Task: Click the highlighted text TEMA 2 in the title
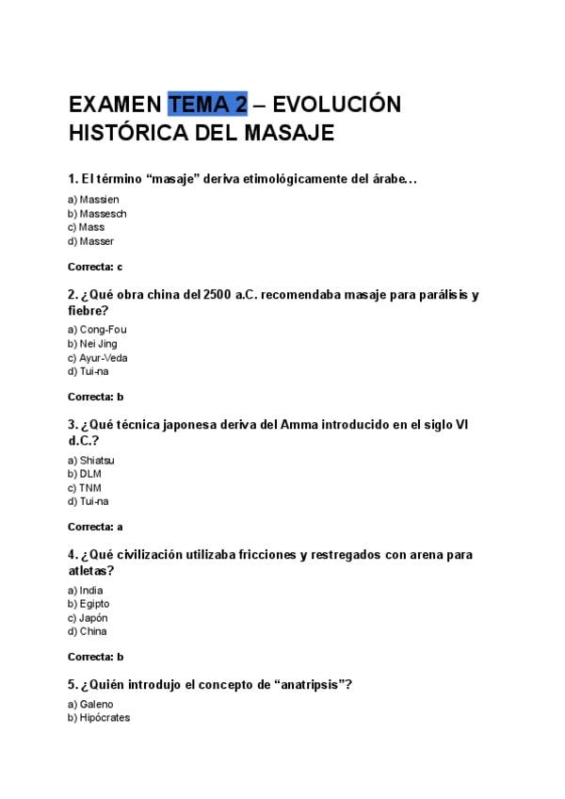click(x=207, y=104)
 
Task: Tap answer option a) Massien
click(x=93, y=200)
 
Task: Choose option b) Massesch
click(x=97, y=214)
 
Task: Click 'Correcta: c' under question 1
click(x=95, y=267)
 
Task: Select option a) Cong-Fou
click(x=97, y=330)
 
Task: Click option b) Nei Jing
click(x=93, y=344)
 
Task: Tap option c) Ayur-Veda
click(x=98, y=358)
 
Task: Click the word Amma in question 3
click(x=299, y=425)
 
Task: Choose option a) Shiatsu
click(x=91, y=460)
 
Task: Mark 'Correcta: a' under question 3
click(x=95, y=526)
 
